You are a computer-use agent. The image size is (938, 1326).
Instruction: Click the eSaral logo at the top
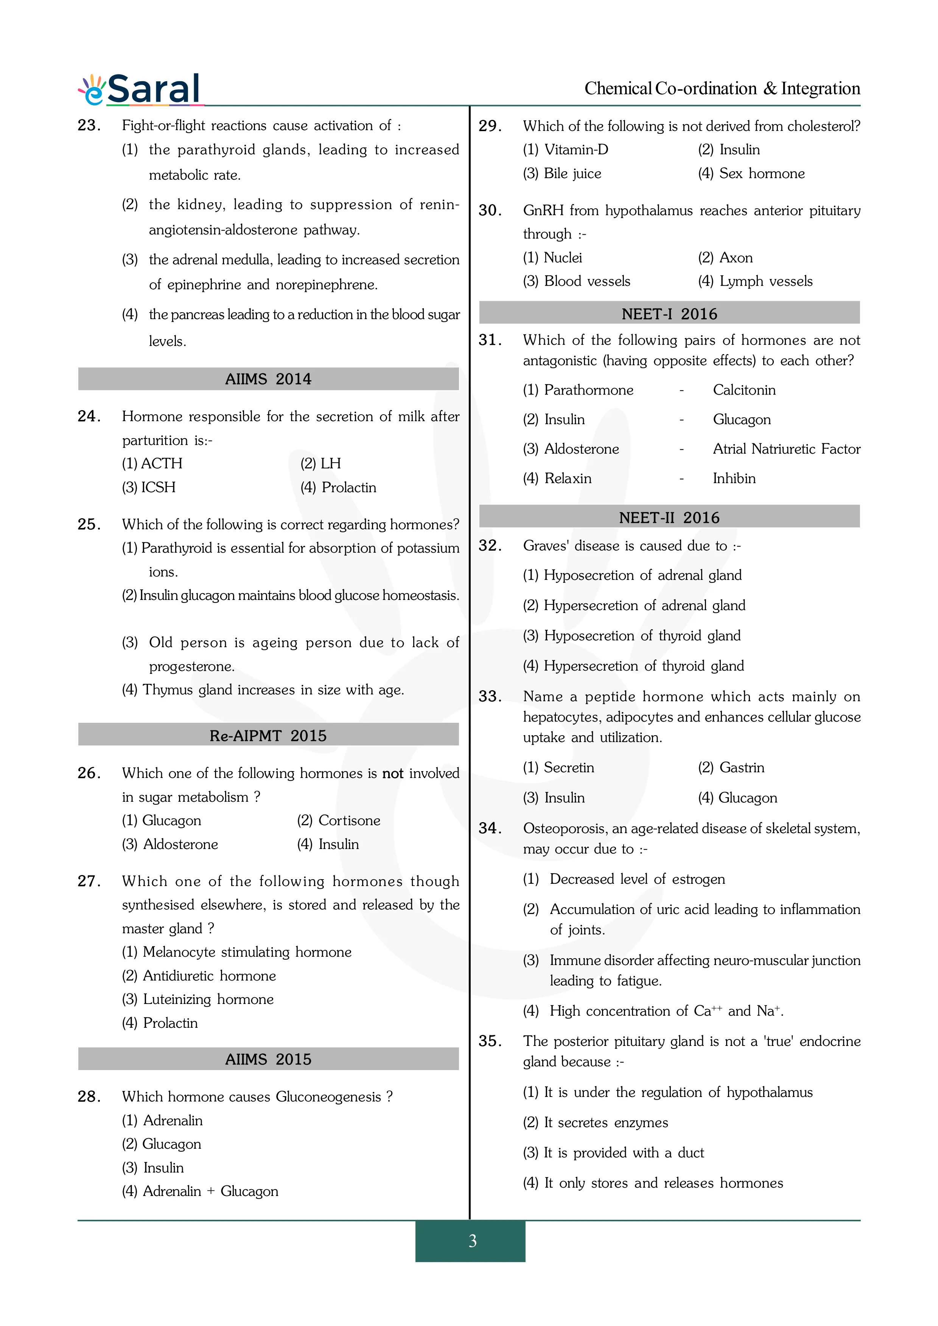[x=140, y=90]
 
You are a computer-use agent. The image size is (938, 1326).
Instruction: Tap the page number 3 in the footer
[x=472, y=1241]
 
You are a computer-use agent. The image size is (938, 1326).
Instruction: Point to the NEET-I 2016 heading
[x=669, y=314]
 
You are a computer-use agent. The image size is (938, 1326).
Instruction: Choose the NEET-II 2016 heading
[x=669, y=517]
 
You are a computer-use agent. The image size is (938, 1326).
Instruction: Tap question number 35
[x=490, y=1041]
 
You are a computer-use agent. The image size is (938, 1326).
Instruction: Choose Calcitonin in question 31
[x=744, y=390]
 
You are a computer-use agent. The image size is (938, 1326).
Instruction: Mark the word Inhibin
[x=734, y=478]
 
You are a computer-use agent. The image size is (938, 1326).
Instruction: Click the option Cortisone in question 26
[x=349, y=821]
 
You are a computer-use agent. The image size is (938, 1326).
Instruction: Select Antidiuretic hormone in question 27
[x=209, y=976]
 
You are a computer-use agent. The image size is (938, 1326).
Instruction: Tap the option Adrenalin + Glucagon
[x=210, y=1191]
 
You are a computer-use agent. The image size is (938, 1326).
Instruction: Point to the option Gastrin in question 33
[x=742, y=768]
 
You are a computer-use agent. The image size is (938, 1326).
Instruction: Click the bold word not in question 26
[x=392, y=773]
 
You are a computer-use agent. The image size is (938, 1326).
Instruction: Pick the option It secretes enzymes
[x=606, y=1123]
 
